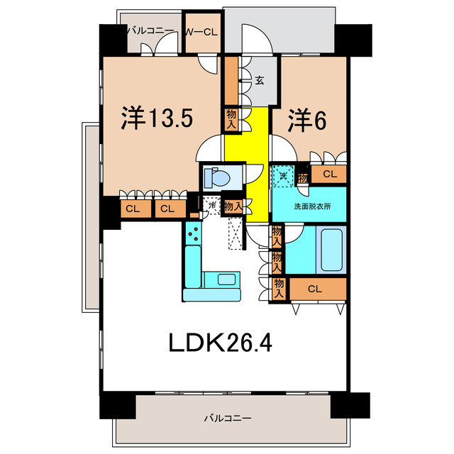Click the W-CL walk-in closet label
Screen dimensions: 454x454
pos(201,32)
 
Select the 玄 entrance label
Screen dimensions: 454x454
pos(260,79)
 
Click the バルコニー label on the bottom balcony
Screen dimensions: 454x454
pos(226,418)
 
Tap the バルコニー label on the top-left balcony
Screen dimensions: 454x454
pos(147,31)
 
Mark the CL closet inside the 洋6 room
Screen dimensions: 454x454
pos(329,174)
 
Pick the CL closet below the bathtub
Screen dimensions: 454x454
pos(316,288)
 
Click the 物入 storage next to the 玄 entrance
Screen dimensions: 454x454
pos(232,118)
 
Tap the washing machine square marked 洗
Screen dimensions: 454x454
pos(283,175)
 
